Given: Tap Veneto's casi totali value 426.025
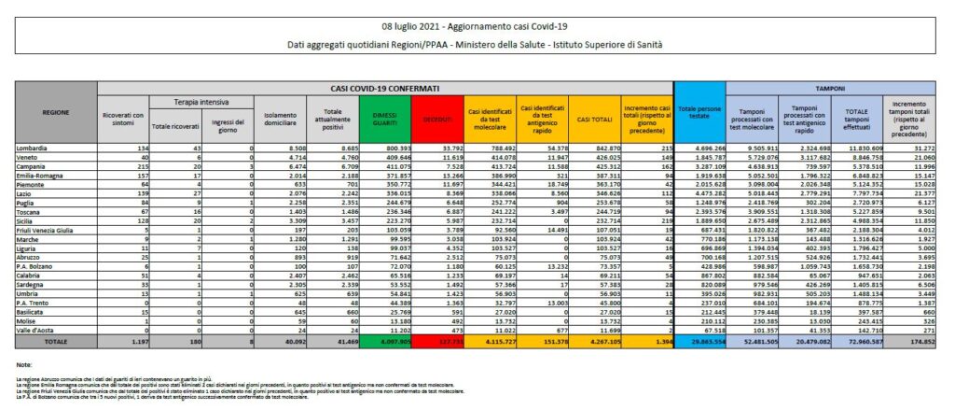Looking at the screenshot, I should coord(593,158).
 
